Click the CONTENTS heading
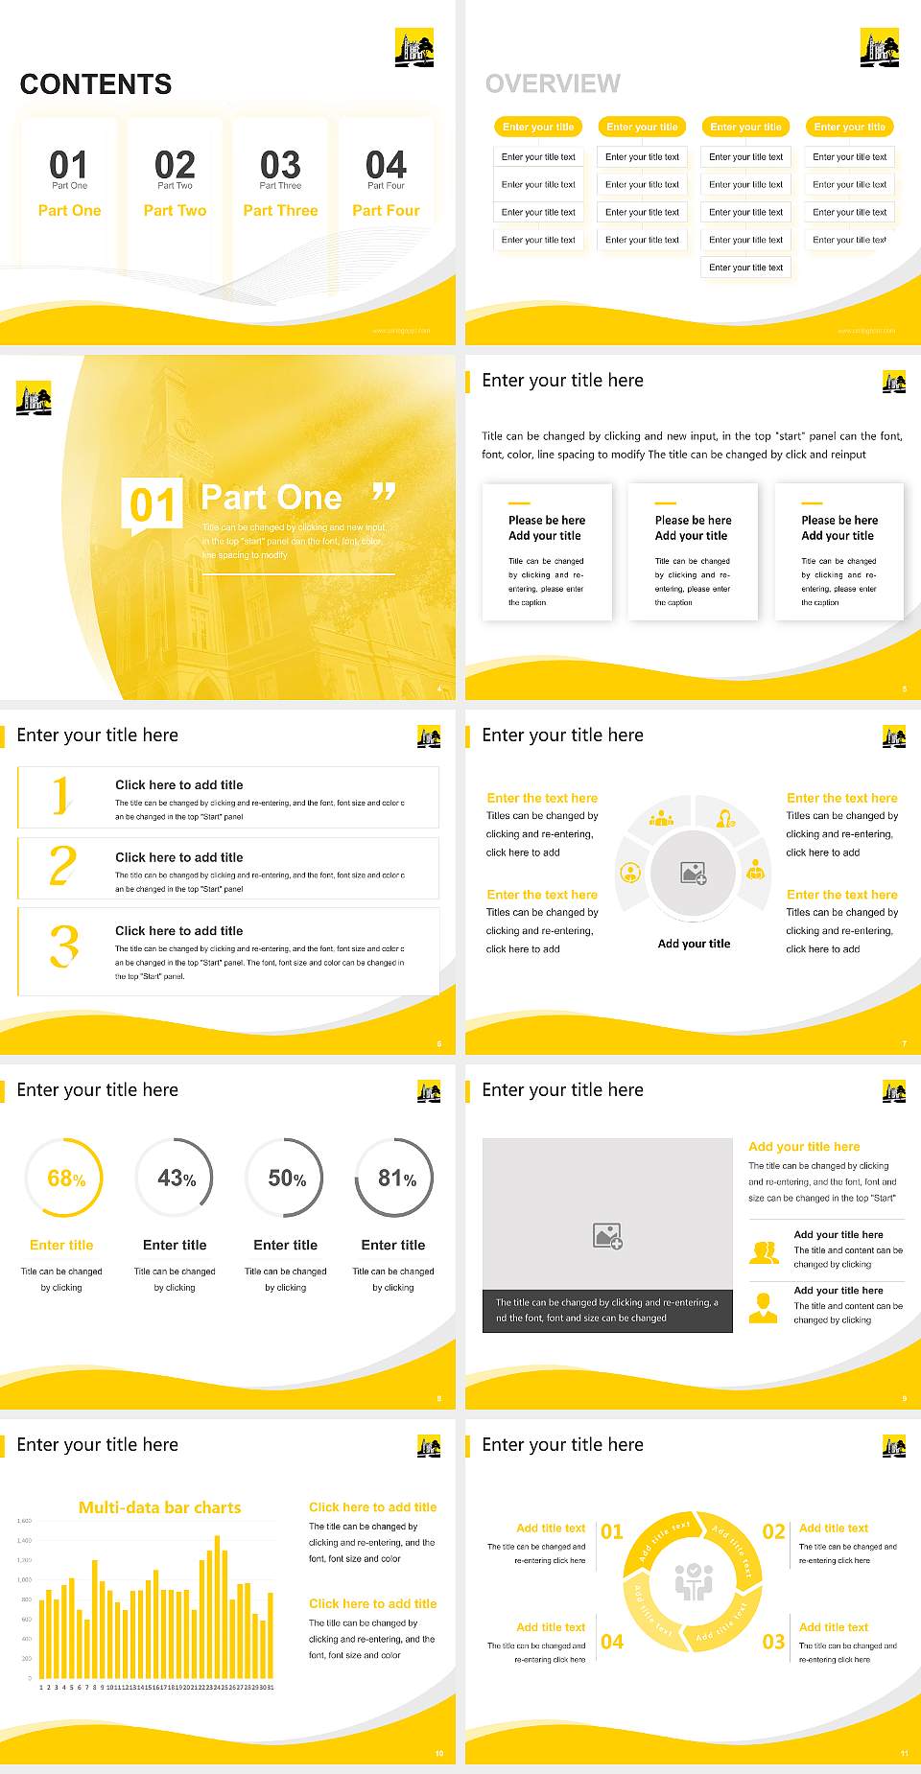pyautogui.click(x=96, y=84)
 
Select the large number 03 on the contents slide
pyautogui.click(x=280, y=165)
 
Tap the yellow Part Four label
pyautogui.click(x=386, y=210)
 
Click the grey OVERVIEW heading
pyautogui.click(x=553, y=84)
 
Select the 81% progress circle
pyautogui.click(x=394, y=1178)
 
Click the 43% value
pyautogui.click(x=176, y=1178)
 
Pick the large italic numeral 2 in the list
pyautogui.click(x=62, y=866)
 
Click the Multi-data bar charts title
pyautogui.click(x=160, y=1507)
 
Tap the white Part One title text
pyautogui.click(x=272, y=498)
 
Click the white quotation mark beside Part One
pyautogui.click(x=384, y=494)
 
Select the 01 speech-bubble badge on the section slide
pyautogui.click(x=152, y=504)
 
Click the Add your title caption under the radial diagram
pyautogui.click(x=694, y=944)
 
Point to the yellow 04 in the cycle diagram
pyautogui.click(x=612, y=1642)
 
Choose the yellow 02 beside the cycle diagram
pyautogui.click(x=773, y=1531)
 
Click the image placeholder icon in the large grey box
pyautogui.click(x=607, y=1236)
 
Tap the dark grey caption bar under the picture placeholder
pyautogui.click(x=607, y=1310)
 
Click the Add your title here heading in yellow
pyautogui.click(x=804, y=1146)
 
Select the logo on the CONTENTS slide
pyautogui.click(x=414, y=47)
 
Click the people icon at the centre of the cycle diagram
pyautogui.click(x=694, y=1582)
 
